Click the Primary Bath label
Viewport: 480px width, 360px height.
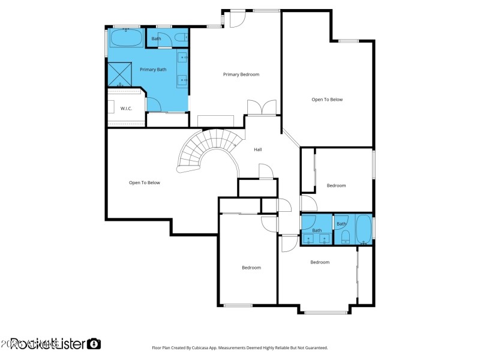tap(153, 70)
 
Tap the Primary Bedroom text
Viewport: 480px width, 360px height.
tap(241, 74)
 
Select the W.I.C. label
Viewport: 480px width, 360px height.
tap(126, 108)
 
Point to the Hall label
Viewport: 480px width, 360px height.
tap(258, 149)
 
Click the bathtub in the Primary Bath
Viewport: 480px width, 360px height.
tap(126, 39)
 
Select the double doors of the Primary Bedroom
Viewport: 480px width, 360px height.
tap(262, 107)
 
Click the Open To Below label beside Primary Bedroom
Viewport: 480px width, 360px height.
tap(327, 100)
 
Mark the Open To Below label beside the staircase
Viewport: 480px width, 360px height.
tap(145, 182)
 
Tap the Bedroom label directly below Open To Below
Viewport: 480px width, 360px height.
tap(336, 185)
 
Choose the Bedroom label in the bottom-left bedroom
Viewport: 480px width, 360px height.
tap(251, 268)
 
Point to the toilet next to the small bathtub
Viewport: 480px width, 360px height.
tap(345, 239)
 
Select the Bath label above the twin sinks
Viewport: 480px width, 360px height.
tap(317, 230)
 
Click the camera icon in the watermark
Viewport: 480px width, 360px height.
tap(94, 344)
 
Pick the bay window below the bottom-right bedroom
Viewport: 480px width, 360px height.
tap(325, 312)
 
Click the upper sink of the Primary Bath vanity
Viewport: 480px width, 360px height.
tap(183, 58)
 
